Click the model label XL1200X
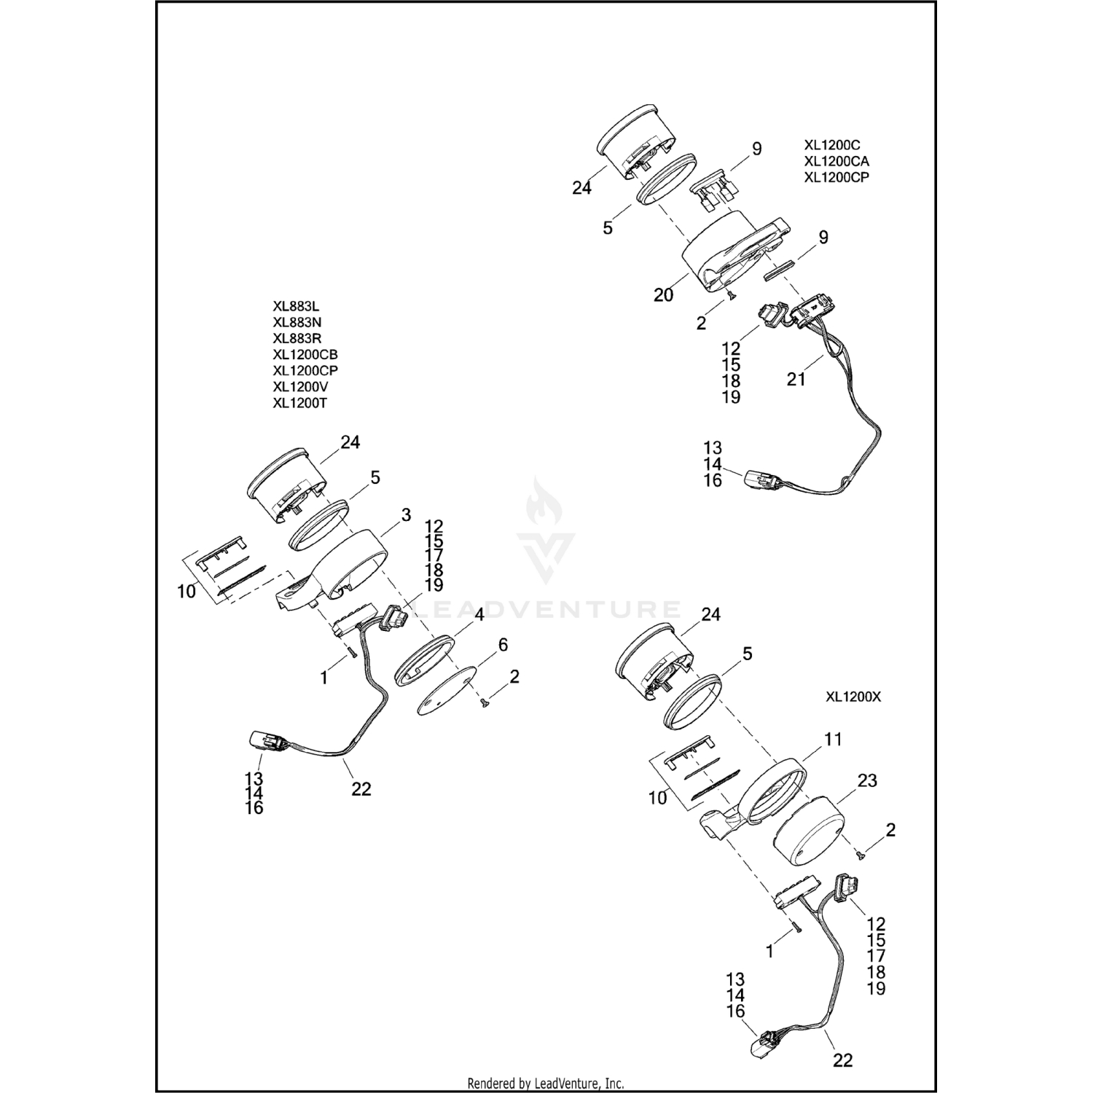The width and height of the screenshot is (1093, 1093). coord(853,697)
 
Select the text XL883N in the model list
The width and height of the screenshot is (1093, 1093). coord(297,322)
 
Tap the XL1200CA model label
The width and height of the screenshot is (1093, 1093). coord(837,161)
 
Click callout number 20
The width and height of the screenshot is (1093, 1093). coord(663,295)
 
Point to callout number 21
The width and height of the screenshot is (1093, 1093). coord(796,379)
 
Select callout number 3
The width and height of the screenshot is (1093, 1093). coord(406,516)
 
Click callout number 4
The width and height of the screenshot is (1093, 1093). coord(479,615)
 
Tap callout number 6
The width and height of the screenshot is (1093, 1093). coord(503,645)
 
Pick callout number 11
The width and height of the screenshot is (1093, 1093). coord(833,740)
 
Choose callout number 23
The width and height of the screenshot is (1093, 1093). coord(867,780)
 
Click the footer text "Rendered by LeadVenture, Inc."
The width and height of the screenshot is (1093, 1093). coord(545,1084)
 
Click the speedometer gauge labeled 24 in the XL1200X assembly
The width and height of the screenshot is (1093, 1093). coord(650,659)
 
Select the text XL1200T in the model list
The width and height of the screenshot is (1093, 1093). coord(299,402)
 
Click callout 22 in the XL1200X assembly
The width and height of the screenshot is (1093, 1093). coord(842,1060)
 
